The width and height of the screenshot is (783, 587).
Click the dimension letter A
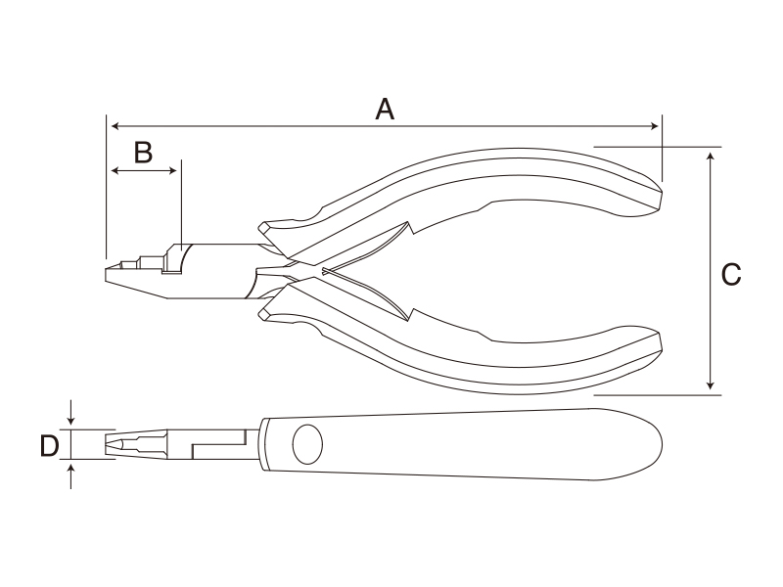click(x=385, y=110)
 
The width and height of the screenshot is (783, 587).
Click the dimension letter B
click(x=143, y=153)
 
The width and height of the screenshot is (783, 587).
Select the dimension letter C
click(x=731, y=275)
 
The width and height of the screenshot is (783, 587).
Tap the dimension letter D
click(x=50, y=446)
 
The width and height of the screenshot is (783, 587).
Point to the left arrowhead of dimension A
click(x=115, y=126)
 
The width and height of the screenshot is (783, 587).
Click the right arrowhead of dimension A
click(x=655, y=126)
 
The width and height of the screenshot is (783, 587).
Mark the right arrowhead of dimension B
click(x=173, y=170)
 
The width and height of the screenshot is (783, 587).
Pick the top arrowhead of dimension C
click(x=711, y=156)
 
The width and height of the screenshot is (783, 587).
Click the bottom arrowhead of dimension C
click(x=711, y=385)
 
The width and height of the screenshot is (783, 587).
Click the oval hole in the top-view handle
click(x=307, y=444)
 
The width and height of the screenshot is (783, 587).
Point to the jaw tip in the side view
click(x=107, y=275)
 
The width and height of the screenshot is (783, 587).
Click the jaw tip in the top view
click(x=107, y=445)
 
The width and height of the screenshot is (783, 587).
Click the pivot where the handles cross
click(x=300, y=271)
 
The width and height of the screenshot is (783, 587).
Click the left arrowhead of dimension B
click(x=115, y=170)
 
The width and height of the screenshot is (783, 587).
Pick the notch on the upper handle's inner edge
click(x=412, y=229)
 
